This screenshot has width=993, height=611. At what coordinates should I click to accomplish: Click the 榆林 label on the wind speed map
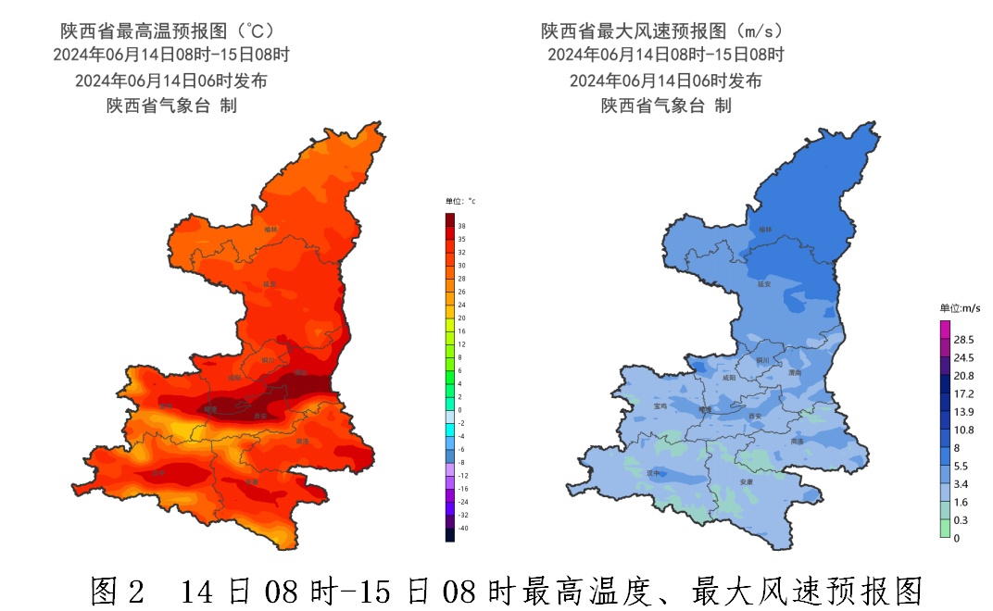[x=765, y=229]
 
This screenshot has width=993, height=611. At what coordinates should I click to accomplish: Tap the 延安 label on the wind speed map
[x=765, y=284]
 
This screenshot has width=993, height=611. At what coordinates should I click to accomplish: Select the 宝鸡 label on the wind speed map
[x=660, y=405]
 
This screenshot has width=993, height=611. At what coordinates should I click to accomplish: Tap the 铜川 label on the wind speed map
[x=762, y=360]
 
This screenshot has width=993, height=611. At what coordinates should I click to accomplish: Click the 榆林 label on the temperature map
[x=270, y=229]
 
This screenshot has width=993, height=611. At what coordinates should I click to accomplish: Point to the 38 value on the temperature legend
[x=461, y=226]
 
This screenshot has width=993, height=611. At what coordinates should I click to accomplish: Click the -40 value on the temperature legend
[x=462, y=528]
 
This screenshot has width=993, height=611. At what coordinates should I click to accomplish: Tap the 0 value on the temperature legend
[x=459, y=409]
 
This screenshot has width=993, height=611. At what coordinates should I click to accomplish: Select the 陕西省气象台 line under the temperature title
[x=171, y=106]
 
